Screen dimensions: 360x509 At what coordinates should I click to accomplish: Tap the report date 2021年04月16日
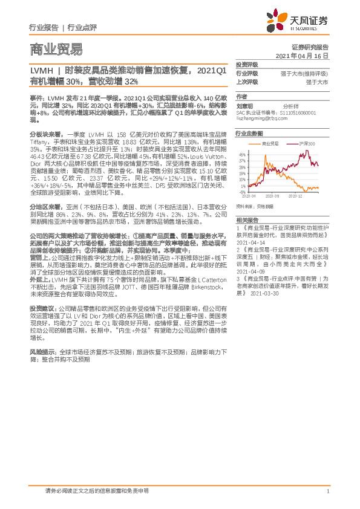[305, 55]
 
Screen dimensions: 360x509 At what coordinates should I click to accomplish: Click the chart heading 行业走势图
[249, 133]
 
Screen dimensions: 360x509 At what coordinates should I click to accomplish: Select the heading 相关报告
[246, 219]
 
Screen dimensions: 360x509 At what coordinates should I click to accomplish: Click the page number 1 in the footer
[327, 491]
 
